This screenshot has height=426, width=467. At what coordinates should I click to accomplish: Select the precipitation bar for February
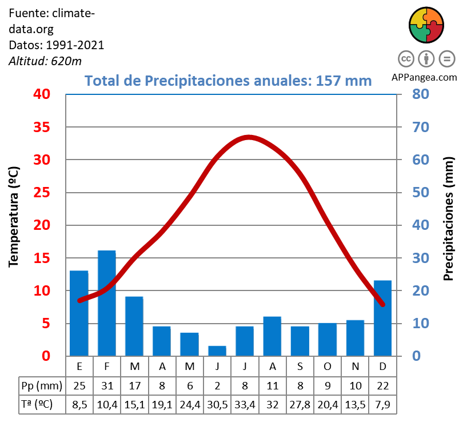107,303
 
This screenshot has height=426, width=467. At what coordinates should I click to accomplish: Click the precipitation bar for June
217,351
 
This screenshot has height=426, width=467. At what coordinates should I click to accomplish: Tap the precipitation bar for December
382,318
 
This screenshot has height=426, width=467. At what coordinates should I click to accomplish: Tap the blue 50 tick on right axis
421,193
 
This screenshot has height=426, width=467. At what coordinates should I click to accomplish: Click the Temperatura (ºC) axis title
14,217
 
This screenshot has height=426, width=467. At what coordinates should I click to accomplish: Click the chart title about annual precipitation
228,81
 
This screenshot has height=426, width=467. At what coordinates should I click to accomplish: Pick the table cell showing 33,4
245,404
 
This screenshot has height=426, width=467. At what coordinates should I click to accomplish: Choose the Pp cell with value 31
107,385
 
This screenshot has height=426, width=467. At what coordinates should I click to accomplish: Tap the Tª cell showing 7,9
382,404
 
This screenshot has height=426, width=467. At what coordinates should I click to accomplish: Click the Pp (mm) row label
41,385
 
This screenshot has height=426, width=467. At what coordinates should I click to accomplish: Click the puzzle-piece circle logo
426,25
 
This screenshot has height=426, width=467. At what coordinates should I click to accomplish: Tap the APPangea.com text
424,77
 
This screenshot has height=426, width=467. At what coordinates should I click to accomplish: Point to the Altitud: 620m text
45,61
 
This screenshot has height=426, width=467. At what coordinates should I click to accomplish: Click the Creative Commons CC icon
406,58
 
